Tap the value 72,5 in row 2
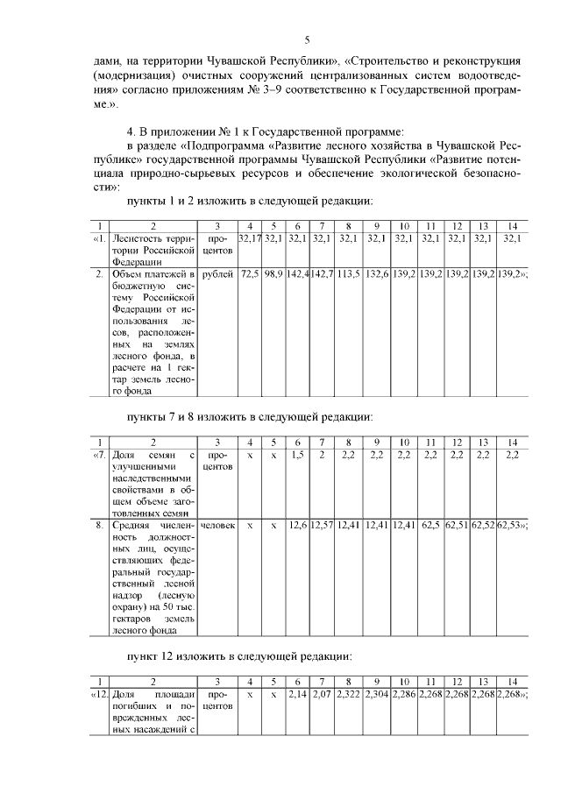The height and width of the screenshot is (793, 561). coord(250,274)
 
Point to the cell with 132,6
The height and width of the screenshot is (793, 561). coord(377,274)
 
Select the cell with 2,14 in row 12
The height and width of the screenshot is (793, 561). coord(298,694)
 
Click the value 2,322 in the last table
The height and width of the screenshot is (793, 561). coord(348,694)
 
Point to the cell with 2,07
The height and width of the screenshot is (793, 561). coord(322,694)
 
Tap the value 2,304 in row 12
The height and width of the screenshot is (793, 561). coord(377,694)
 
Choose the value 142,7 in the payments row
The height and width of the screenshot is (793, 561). coord(322,274)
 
